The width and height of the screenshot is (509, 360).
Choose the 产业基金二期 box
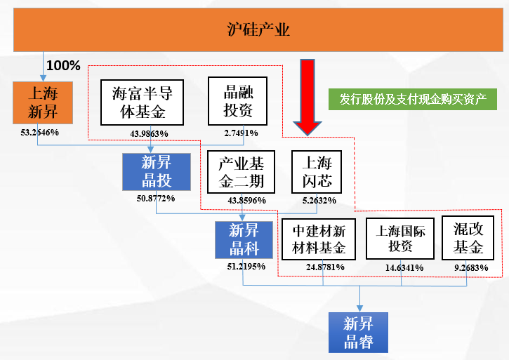(x=241, y=173)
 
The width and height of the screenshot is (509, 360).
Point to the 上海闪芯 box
(x=317, y=173)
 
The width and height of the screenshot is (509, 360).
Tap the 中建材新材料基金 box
(x=319, y=239)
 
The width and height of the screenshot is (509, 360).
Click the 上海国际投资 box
(x=400, y=239)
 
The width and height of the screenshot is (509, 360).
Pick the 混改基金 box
(x=468, y=239)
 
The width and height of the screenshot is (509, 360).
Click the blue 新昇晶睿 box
(x=359, y=333)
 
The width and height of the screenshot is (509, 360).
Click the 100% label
(x=64, y=66)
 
